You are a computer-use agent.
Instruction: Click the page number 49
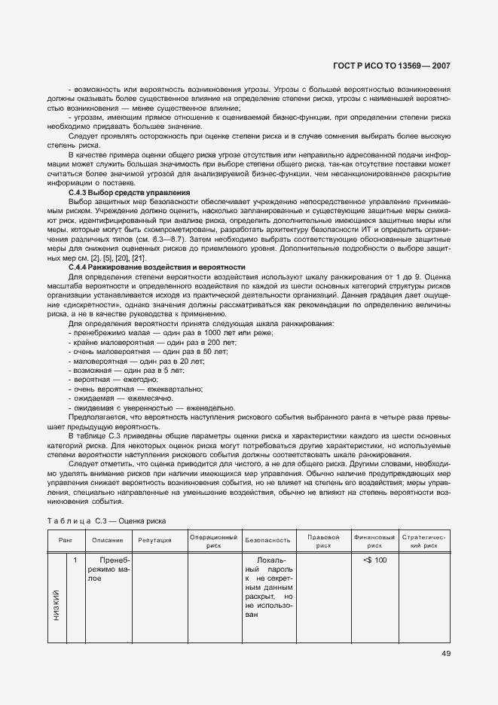coord(445,653)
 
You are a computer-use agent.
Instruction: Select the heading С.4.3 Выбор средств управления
coord(128,193)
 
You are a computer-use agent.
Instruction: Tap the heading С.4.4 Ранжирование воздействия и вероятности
coord(157,267)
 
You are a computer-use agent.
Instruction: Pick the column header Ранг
coord(66,539)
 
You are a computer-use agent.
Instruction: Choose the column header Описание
coord(108,540)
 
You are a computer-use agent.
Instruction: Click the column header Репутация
coord(154,540)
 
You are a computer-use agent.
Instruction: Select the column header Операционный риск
coord(213,540)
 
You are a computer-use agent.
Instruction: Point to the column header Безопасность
coord(267,540)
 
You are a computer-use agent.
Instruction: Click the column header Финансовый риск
coord(374,540)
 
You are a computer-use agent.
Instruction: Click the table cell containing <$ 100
coord(374,560)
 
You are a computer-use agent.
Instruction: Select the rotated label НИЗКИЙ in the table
coord(57,602)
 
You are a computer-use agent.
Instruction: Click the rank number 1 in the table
coord(75,560)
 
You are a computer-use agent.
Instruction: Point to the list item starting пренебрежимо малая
coord(170,333)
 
